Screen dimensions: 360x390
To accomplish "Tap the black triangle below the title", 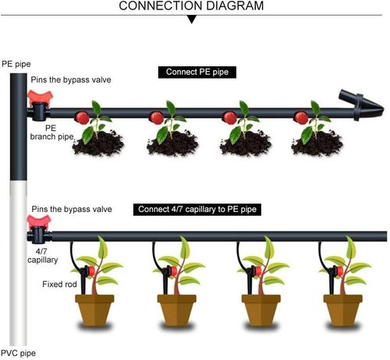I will click(190, 19).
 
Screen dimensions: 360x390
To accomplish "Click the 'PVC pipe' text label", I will click(18, 353).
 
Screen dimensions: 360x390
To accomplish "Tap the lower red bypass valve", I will click(37, 227).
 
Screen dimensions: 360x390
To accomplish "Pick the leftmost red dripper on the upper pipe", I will click(80, 118).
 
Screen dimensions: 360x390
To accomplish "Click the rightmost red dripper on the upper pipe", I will click(299, 118).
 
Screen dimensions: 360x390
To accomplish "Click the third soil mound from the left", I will click(245, 145).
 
